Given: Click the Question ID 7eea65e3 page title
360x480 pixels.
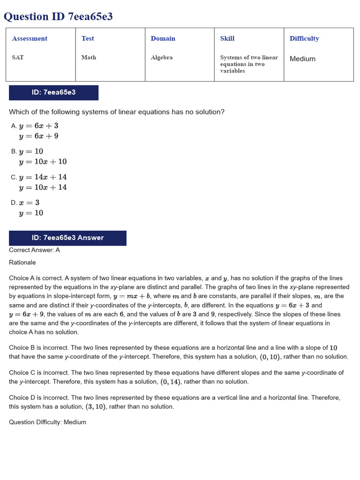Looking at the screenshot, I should [58, 17].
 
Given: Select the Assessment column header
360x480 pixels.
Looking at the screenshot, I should [30, 38].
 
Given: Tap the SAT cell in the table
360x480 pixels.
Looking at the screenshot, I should [18, 57].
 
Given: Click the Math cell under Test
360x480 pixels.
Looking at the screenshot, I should [89, 57].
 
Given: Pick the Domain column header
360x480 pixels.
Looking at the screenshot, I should [163, 38].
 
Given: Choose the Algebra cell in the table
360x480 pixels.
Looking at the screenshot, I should [161, 57].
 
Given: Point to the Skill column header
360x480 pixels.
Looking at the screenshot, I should [227, 38].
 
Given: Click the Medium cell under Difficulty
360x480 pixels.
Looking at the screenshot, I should [302, 59].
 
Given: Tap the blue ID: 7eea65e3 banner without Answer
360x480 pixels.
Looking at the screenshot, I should [53, 92].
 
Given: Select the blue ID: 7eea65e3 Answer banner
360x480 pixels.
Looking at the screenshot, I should [67, 238].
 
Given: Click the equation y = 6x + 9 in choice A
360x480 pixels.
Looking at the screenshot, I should [38, 136].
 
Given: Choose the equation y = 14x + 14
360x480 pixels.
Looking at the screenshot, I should [43, 177].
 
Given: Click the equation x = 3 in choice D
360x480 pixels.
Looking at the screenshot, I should [29, 202].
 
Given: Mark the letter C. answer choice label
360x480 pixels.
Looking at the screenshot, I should [14, 177].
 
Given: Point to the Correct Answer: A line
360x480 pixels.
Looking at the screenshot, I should [34, 250].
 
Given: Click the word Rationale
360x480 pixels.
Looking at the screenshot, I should [22, 262].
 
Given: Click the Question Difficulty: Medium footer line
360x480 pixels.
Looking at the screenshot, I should [47, 422].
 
